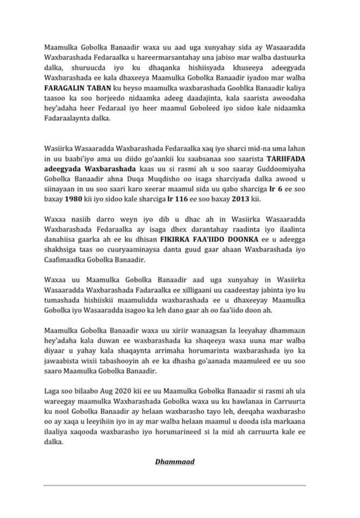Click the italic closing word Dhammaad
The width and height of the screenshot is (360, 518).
(x=175, y=461)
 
